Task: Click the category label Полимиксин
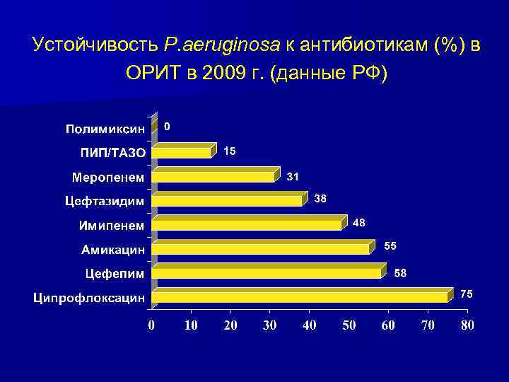pyautogui.click(x=105, y=129)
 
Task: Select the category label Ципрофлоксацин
pyautogui.click(x=88, y=298)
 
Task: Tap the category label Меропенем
pyautogui.click(x=108, y=177)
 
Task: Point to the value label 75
pyautogui.click(x=466, y=294)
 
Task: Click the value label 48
pyautogui.click(x=359, y=223)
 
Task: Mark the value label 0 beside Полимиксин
pyautogui.click(x=167, y=127)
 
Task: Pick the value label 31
pyautogui.click(x=293, y=175)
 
